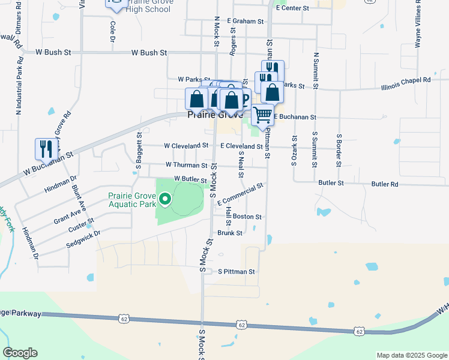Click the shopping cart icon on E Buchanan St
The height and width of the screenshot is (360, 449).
pos(262,114)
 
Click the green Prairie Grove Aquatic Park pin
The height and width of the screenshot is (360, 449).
pos(163,198)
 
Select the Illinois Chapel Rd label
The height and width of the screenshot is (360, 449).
pos(406,79)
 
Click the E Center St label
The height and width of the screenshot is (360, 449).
pos(292,8)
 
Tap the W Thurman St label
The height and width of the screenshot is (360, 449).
pos(187,164)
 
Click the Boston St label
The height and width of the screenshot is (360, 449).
pos(247,217)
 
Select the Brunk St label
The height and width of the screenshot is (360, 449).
pos(230,233)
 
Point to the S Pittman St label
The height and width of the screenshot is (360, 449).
pos(237,272)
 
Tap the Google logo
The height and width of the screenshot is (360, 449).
pos(20,353)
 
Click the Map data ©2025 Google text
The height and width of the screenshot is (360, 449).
pos(411,355)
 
